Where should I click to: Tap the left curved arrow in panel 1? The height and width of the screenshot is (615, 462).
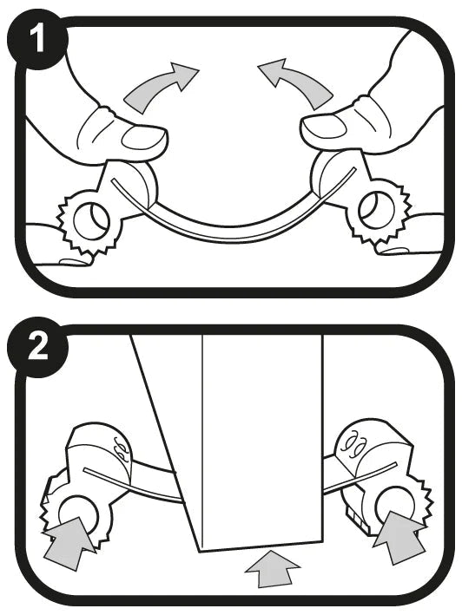click(x=162, y=87)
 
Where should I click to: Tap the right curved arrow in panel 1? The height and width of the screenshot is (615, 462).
click(x=300, y=87)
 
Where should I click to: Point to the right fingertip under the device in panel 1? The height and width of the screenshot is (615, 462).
click(x=408, y=252)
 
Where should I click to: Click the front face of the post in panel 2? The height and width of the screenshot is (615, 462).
click(x=261, y=434)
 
